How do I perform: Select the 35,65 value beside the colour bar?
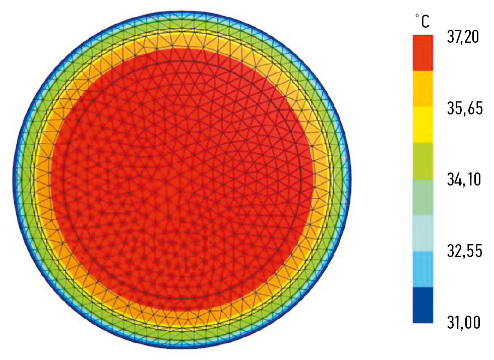[464, 108]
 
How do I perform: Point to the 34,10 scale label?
[464, 179]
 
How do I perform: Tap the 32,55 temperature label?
[464, 250]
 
